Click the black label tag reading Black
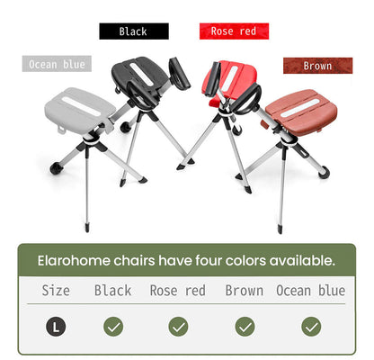[132, 31]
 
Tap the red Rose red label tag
[233, 31]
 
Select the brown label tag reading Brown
[317, 66]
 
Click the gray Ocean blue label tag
[57, 65]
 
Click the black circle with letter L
[57, 327]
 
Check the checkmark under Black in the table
[113, 327]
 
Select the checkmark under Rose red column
[179, 327]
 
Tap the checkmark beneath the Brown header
[245, 327]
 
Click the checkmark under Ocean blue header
[311, 327]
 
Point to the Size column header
[57, 291]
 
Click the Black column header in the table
[113, 291]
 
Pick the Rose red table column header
[178, 291]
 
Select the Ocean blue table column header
[310, 291]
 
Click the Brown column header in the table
[245, 291]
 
